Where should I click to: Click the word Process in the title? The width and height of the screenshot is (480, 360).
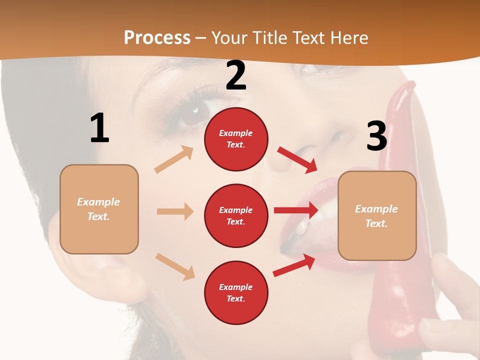click(x=157, y=37)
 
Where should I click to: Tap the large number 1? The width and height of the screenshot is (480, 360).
click(x=99, y=128)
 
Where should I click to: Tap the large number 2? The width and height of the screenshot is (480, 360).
click(x=236, y=75)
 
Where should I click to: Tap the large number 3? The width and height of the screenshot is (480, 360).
click(x=376, y=136)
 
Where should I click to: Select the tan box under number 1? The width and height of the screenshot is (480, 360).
click(x=99, y=209)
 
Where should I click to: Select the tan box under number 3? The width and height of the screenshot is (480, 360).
click(x=377, y=215)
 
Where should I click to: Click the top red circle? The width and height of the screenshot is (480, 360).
click(x=236, y=139)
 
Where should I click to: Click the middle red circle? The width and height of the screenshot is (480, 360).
click(x=236, y=215)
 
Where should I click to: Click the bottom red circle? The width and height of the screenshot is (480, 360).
click(x=236, y=292)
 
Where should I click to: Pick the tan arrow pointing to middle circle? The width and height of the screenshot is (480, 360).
click(x=175, y=211)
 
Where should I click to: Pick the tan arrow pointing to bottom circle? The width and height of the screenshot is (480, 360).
click(x=175, y=266)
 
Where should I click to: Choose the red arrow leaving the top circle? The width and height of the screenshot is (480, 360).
click(x=297, y=160)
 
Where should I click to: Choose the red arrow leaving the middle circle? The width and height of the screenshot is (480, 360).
click(x=296, y=210)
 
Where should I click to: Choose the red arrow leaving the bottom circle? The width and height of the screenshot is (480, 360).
click(x=294, y=265)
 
